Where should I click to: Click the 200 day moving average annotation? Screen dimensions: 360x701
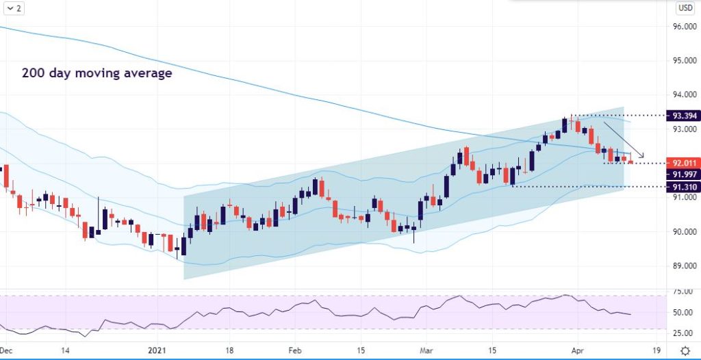pos(97,73)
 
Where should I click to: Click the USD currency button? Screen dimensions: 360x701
pos(685,8)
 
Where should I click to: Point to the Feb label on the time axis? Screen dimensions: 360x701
pos(294,350)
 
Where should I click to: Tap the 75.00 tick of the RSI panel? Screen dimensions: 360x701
pos(682,292)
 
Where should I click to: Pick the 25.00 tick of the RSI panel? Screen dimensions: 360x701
pos(682,333)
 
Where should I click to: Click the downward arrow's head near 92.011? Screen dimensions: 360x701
pos(642,155)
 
